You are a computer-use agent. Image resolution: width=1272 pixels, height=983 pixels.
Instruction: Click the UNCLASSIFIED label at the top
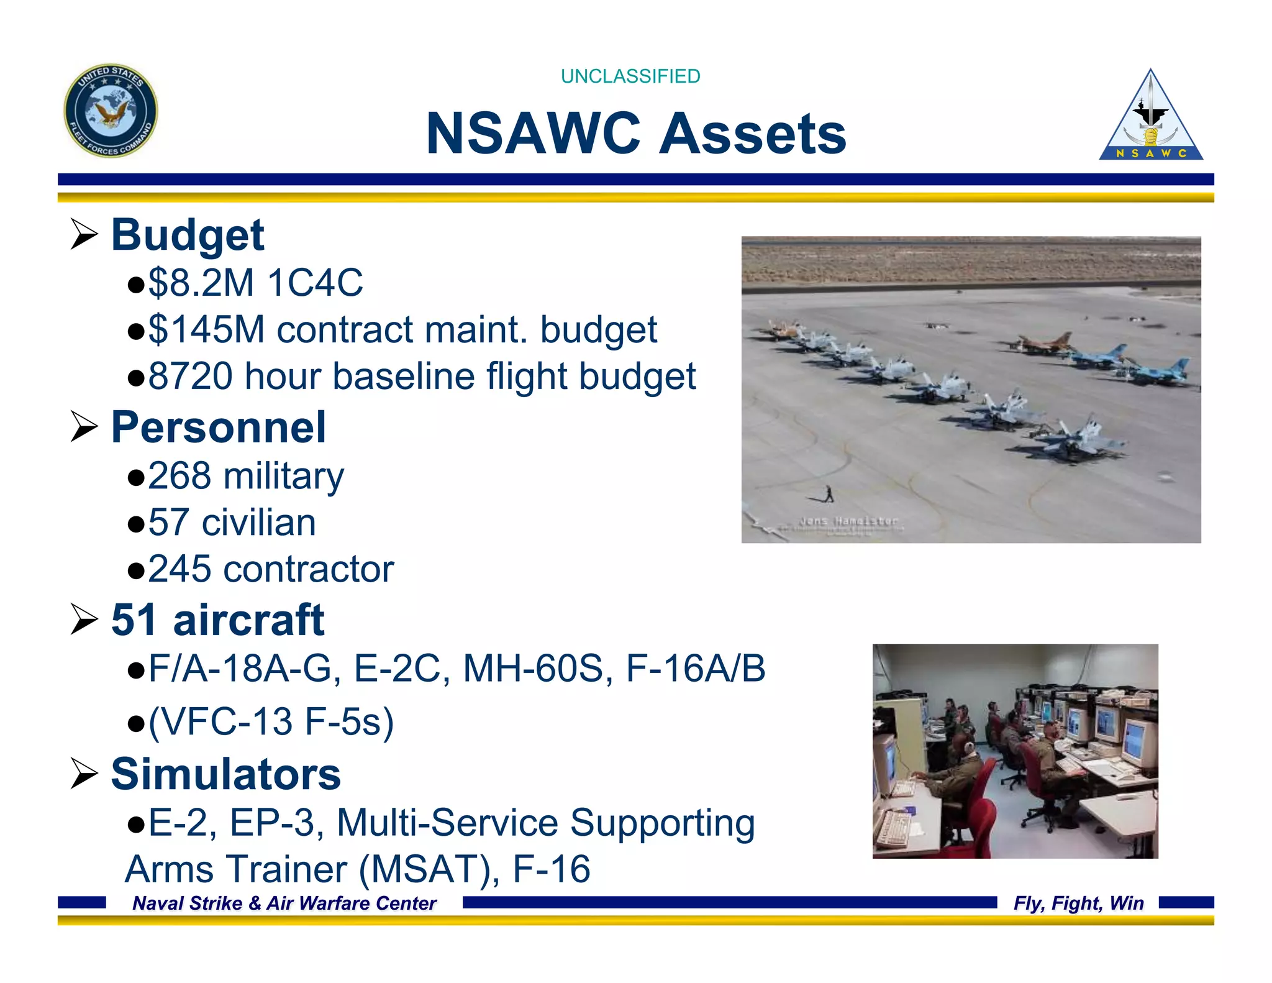[x=630, y=76]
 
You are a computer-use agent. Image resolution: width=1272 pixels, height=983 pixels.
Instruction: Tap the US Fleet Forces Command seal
[x=111, y=111]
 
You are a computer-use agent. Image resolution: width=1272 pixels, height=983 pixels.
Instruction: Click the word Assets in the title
[x=752, y=134]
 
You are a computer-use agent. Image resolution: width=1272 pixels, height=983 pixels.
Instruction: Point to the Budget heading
[x=187, y=235]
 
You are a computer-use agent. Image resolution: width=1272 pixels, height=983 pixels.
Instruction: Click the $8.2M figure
[x=201, y=283]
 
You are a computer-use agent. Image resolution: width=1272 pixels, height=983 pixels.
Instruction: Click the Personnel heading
[x=218, y=428]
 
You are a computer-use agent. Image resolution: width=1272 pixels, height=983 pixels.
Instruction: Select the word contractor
[x=308, y=569]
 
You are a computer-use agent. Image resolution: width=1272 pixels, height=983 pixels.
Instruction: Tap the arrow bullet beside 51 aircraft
[x=84, y=620]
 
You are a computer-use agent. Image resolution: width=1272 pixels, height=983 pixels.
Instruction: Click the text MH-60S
[x=538, y=669]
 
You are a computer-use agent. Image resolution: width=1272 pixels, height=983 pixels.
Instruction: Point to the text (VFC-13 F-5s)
[x=271, y=722]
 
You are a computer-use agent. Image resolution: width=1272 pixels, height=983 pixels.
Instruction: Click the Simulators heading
[x=225, y=775]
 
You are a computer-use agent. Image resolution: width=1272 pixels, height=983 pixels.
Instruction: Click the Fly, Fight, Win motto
[x=1078, y=903]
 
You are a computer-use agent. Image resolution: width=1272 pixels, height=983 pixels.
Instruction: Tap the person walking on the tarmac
[x=829, y=494]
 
